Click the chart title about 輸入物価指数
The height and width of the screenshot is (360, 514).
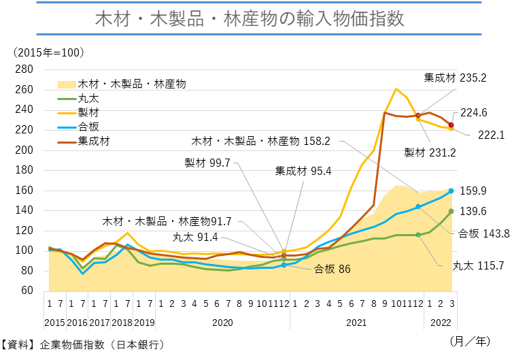[x=256, y=18]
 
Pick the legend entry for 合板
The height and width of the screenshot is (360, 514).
[x=89, y=127]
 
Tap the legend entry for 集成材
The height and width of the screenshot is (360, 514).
[x=94, y=142]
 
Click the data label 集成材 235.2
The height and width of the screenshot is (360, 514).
[x=456, y=78]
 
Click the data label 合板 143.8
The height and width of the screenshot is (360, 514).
[x=483, y=233]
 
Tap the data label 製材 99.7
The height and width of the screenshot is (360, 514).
[x=207, y=163]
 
